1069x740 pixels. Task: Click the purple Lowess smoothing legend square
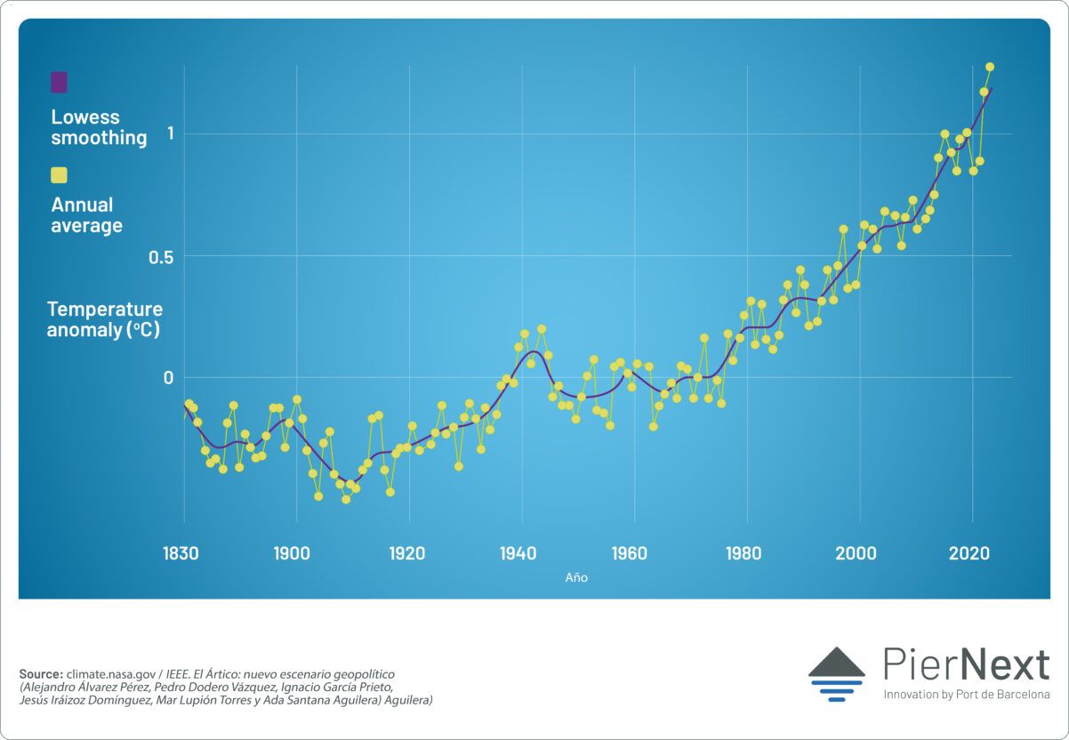coord(59,83)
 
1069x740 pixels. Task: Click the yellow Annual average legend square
coord(59,175)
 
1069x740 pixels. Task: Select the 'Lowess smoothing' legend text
coord(98,127)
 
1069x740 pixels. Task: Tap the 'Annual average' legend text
coord(86,215)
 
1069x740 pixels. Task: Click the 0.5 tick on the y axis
coord(161,256)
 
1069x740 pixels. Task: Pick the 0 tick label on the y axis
coord(166,377)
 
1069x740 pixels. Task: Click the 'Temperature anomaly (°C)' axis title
coord(104,319)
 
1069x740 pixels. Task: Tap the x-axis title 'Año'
coord(576,577)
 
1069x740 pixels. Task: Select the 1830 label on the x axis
coord(180,553)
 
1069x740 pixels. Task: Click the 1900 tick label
coord(293,553)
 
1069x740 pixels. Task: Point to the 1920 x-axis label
coord(406,553)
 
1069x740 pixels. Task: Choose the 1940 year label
coord(518,553)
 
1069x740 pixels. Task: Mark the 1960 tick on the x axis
coord(630,553)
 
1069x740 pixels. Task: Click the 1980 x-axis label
coord(743,553)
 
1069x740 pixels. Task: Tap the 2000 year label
coord(856,553)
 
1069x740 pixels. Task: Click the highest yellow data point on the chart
coord(989,67)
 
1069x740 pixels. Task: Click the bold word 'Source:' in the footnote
coord(41,674)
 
